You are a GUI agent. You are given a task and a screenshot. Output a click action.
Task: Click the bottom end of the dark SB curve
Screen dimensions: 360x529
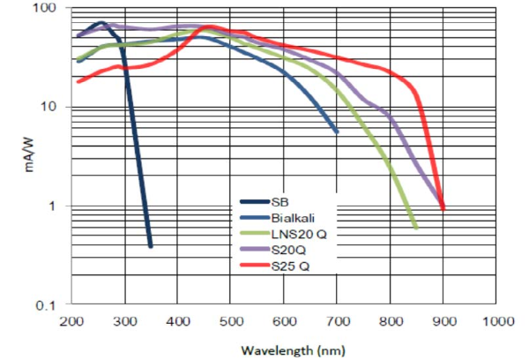[x=151, y=246]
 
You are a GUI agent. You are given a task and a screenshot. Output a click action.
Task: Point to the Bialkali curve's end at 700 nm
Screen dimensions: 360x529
[x=337, y=132]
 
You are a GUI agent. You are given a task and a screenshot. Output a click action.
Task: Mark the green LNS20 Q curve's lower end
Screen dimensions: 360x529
[x=415, y=228]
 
